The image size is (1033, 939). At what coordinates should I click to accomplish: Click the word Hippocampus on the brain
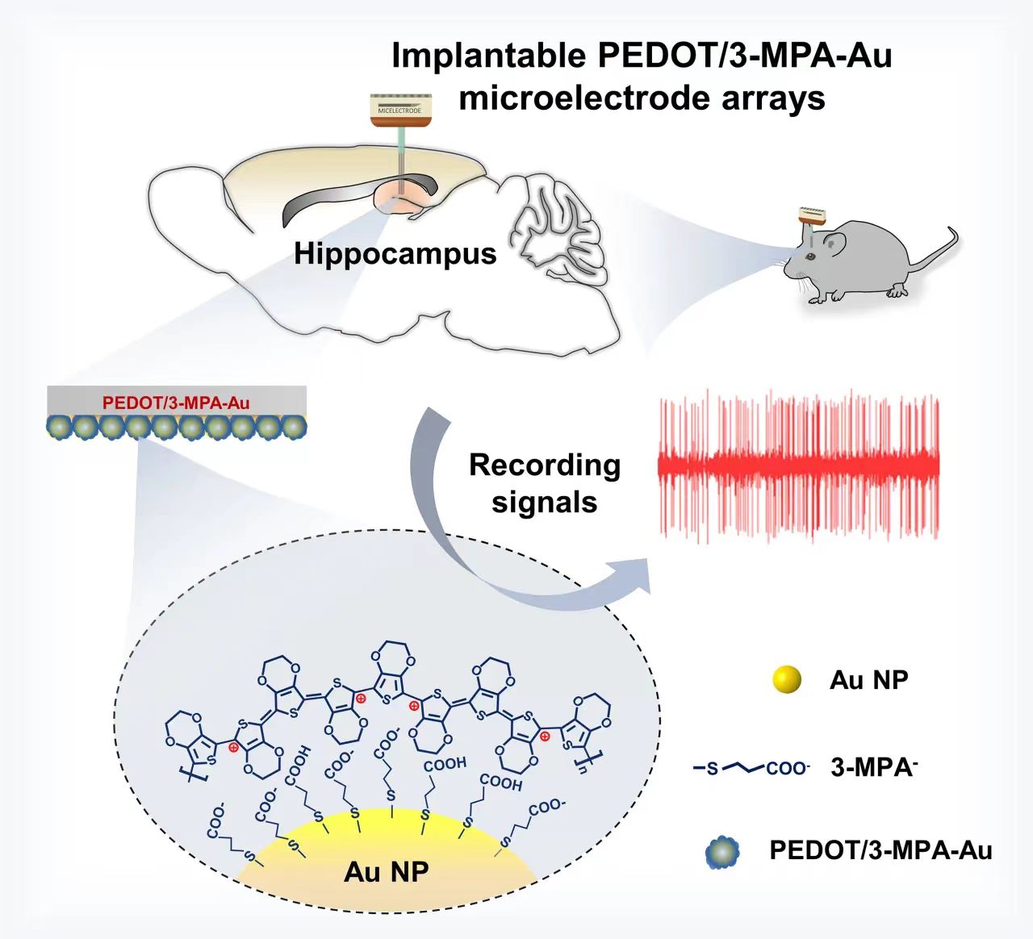(x=395, y=253)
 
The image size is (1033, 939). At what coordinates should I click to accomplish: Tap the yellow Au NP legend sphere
(x=787, y=680)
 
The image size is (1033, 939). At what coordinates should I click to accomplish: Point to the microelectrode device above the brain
(x=400, y=110)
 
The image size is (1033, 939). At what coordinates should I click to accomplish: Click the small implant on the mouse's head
(x=812, y=215)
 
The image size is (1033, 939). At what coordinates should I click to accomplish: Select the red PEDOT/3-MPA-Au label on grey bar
(x=176, y=403)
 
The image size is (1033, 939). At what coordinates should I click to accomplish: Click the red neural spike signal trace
(x=799, y=465)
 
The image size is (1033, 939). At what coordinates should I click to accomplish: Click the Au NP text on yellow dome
(x=386, y=871)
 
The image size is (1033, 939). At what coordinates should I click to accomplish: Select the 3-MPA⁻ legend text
(x=873, y=767)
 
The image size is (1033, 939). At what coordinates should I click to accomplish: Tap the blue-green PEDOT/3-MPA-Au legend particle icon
(x=722, y=852)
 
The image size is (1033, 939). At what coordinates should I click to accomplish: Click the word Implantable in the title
(x=488, y=56)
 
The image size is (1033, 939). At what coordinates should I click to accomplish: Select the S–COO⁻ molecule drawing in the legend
(x=751, y=768)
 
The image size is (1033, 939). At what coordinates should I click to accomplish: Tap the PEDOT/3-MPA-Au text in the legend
(x=880, y=850)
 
